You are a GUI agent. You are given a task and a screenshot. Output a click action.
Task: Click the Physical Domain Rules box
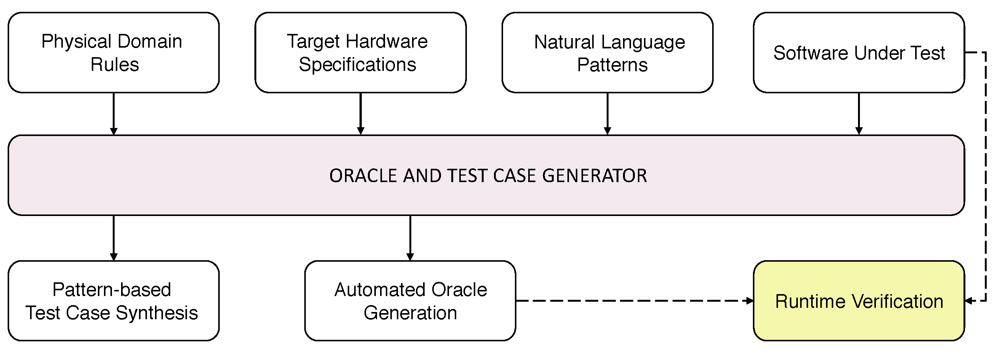(x=113, y=53)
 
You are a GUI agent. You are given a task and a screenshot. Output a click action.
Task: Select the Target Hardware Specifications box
(x=360, y=53)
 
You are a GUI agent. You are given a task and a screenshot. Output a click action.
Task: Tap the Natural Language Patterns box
(x=607, y=53)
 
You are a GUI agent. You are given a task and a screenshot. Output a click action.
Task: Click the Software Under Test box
(x=858, y=53)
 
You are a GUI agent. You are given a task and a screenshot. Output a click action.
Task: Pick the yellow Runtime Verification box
(x=858, y=301)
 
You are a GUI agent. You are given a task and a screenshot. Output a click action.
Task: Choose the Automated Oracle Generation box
(x=410, y=301)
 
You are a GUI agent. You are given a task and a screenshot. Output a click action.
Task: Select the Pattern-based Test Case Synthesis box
(x=113, y=301)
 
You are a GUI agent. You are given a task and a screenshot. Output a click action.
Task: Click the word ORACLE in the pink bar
(x=363, y=176)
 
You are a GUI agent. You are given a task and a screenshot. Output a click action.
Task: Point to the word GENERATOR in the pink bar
(x=594, y=176)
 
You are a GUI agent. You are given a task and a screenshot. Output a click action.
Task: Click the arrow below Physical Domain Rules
(x=113, y=114)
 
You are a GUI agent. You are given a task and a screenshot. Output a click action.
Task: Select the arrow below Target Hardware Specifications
(x=361, y=114)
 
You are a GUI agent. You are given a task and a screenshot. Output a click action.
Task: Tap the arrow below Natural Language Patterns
(x=607, y=114)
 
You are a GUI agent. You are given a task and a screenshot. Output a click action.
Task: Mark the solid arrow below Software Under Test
(x=859, y=114)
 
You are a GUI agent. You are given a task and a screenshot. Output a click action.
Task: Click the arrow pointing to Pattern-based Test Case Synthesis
(x=113, y=238)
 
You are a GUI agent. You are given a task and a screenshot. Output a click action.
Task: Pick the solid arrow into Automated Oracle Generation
(x=410, y=238)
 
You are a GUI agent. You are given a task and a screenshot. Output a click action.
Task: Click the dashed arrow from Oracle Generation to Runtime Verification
(x=634, y=301)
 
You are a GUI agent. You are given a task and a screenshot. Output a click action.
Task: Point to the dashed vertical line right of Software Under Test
(x=986, y=176)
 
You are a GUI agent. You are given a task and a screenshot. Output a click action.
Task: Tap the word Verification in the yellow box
(x=897, y=301)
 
